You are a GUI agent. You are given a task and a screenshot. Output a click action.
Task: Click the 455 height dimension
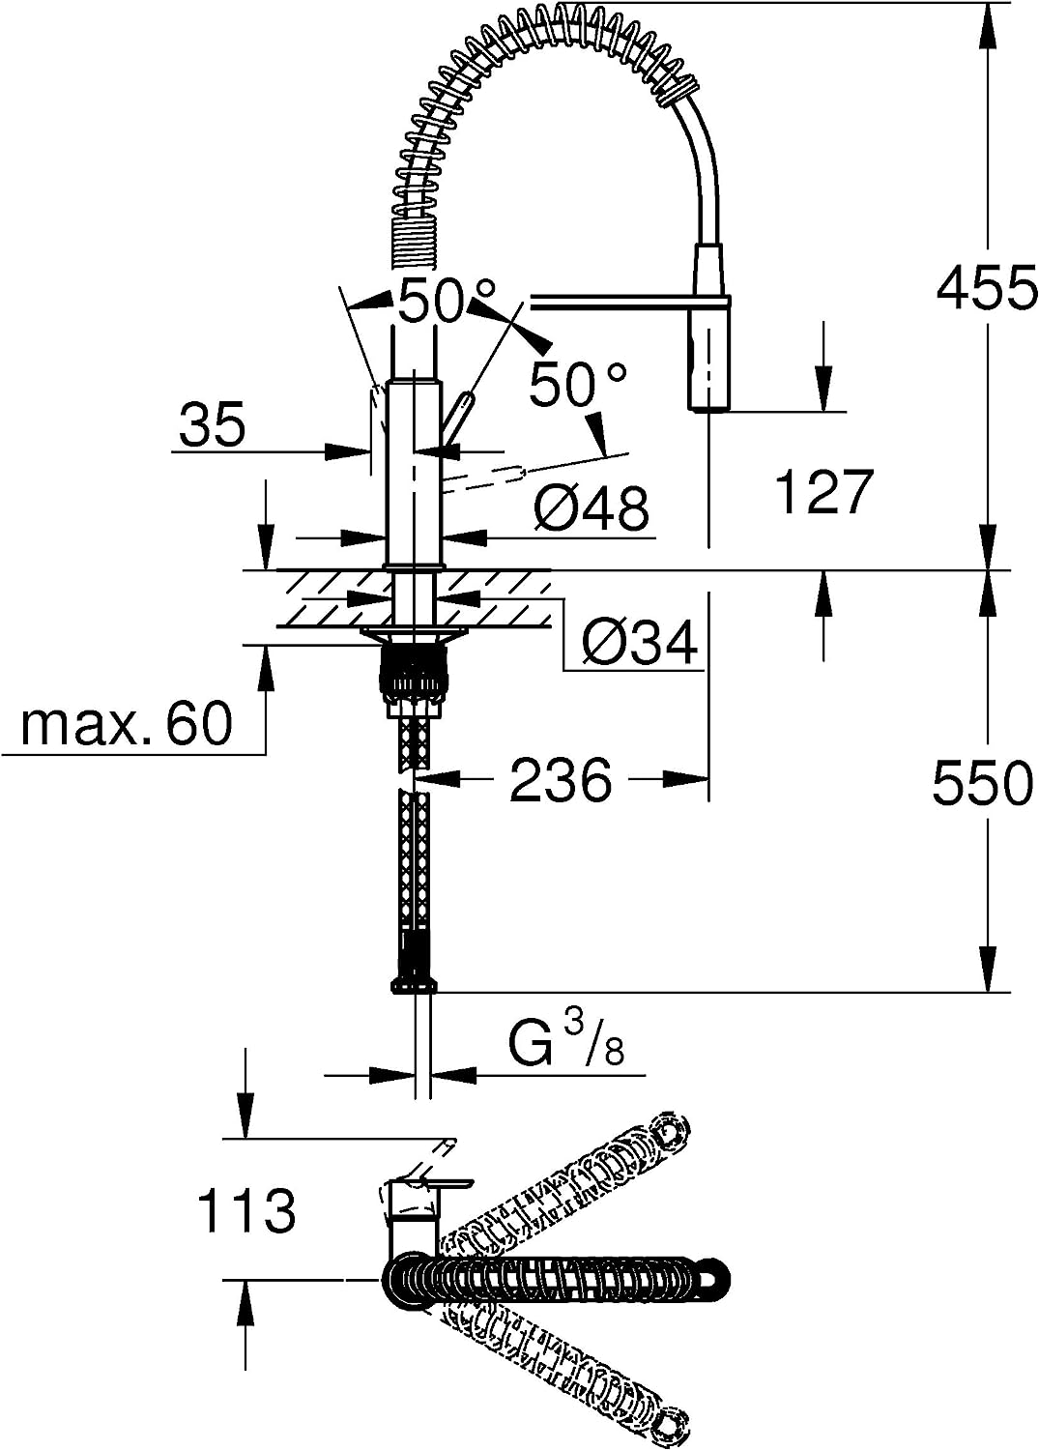tap(986, 287)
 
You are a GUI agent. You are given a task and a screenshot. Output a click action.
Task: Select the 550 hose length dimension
tap(983, 783)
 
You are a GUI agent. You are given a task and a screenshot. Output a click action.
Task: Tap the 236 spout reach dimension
tap(561, 779)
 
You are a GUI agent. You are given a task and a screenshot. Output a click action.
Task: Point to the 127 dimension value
tap(823, 493)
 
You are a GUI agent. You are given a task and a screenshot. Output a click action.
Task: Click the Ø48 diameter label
tap(592, 508)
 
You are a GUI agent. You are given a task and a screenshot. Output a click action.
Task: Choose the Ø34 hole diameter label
tap(640, 644)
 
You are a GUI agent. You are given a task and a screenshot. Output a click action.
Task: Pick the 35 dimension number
tap(213, 424)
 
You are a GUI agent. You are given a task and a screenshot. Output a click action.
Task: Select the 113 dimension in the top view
tap(247, 1210)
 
